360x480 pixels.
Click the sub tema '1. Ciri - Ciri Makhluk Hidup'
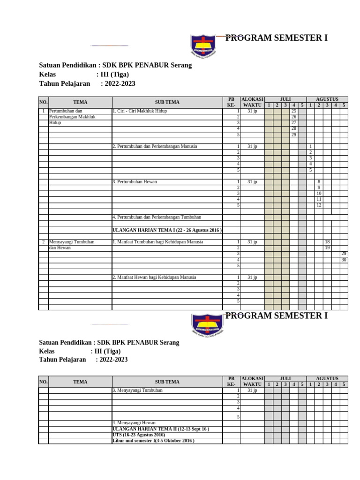click(x=140, y=111)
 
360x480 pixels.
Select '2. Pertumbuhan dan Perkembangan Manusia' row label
click(x=155, y=146)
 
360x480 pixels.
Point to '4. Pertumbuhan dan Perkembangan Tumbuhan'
click(x=157, y=217)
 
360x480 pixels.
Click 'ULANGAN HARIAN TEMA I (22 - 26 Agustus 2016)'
click(x=167, y=230)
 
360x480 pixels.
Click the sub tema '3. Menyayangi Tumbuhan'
click(x=137, y=390)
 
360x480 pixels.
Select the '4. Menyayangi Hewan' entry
click(x=134, y=423)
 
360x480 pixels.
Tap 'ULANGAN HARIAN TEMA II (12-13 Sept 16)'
click(x=160, y=429)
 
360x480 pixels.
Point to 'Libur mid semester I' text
click(x=153, y=441)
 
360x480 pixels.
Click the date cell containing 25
click(x=294, y=111)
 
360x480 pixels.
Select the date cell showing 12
click(x=319, y=205)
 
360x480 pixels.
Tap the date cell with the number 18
click(x=327, y=242)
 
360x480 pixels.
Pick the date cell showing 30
click(x=344, y=259)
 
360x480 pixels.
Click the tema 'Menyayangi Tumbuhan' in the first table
click(x=72, y=245)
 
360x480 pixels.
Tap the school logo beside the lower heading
click(x=208, y=325)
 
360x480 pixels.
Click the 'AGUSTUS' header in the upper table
click(x=327, y=99)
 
